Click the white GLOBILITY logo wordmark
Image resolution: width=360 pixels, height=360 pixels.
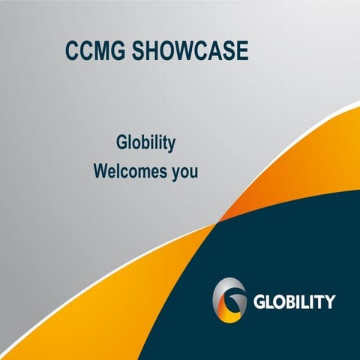294,302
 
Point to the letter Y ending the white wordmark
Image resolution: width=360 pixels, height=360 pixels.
329,302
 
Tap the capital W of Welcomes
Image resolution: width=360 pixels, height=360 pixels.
101,171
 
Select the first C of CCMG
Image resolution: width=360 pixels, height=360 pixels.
73,52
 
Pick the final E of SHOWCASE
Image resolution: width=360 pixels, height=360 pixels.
240,52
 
